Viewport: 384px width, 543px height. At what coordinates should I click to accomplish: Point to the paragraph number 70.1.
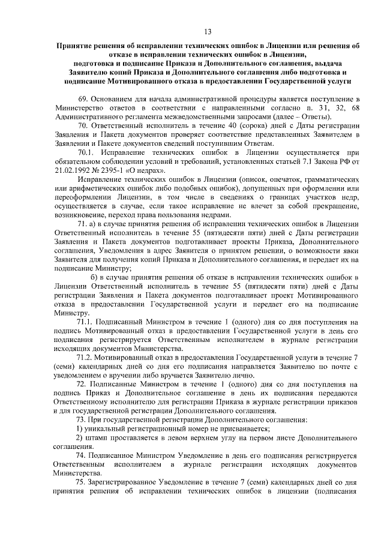[x=87, y=152]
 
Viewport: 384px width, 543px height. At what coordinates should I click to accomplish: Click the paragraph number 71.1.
[x=87, y=322]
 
